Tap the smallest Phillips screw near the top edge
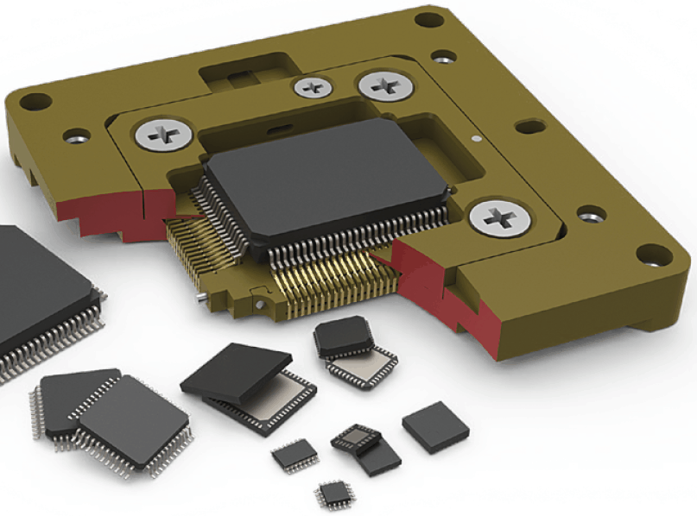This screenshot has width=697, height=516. (x=310, y=86)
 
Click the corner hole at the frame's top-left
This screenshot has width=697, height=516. (x=35, y=101)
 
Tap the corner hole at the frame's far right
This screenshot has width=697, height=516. (x=652, y=255)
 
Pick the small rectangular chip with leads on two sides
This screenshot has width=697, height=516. (x=295, y=456)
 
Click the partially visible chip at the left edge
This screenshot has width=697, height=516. (x=35, y=293)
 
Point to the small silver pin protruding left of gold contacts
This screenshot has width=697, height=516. (x=200, y=299)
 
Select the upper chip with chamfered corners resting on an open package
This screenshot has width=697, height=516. (x=343, y=335)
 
